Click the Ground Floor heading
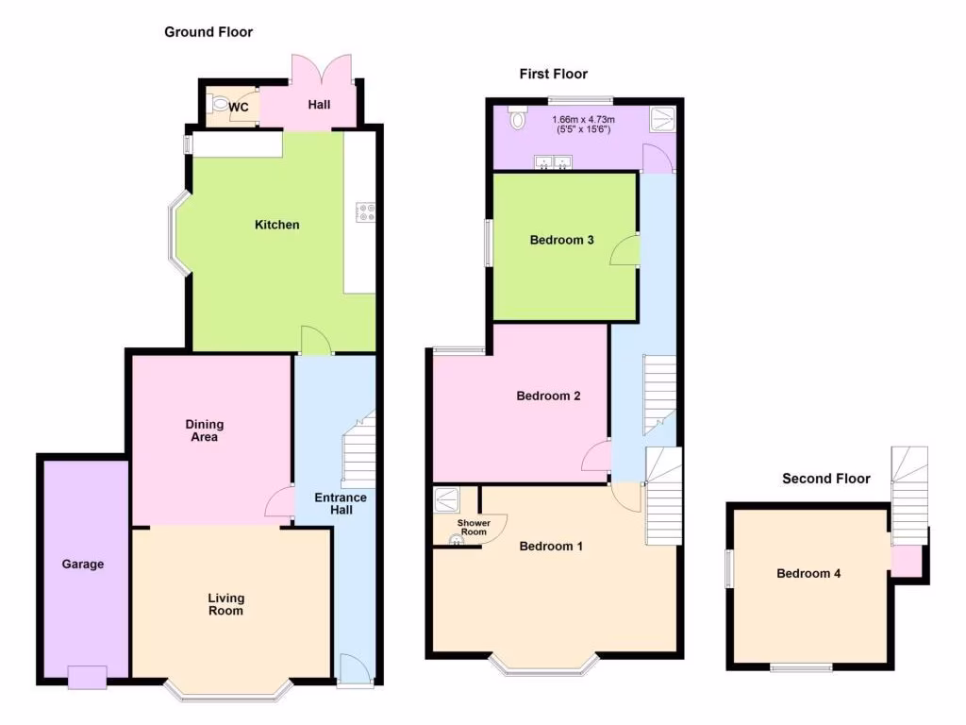pyautogui.click(x=208, y=32)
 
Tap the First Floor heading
pyautogui.click(x=553, y=74)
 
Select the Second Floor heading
pyautogui.click(x=825, y=479)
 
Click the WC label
pyautogui.click(x=239, y=107)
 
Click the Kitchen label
pyautogui.click(x=277, y=225)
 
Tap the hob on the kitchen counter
pyautogui.click(x=364, y=213)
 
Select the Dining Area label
pyautogui.click(x=205, y=430)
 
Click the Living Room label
pyautogui.click(x=226, y=604)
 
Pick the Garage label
pyautogui.click(x=84, y=565)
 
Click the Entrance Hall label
pyautogui.click(x=333, y=503)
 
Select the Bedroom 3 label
pyautogui.click(x=561, y=240)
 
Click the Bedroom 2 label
pyautogui.click(x=548, y=396)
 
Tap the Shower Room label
pyautogui.click(x=473, y=527)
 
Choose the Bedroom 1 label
pyautogui.click(x=552, y=546)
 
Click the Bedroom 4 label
pyautogui.click(x=808, y=573)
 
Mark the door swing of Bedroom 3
pyautogui.click(x=625, y=251)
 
